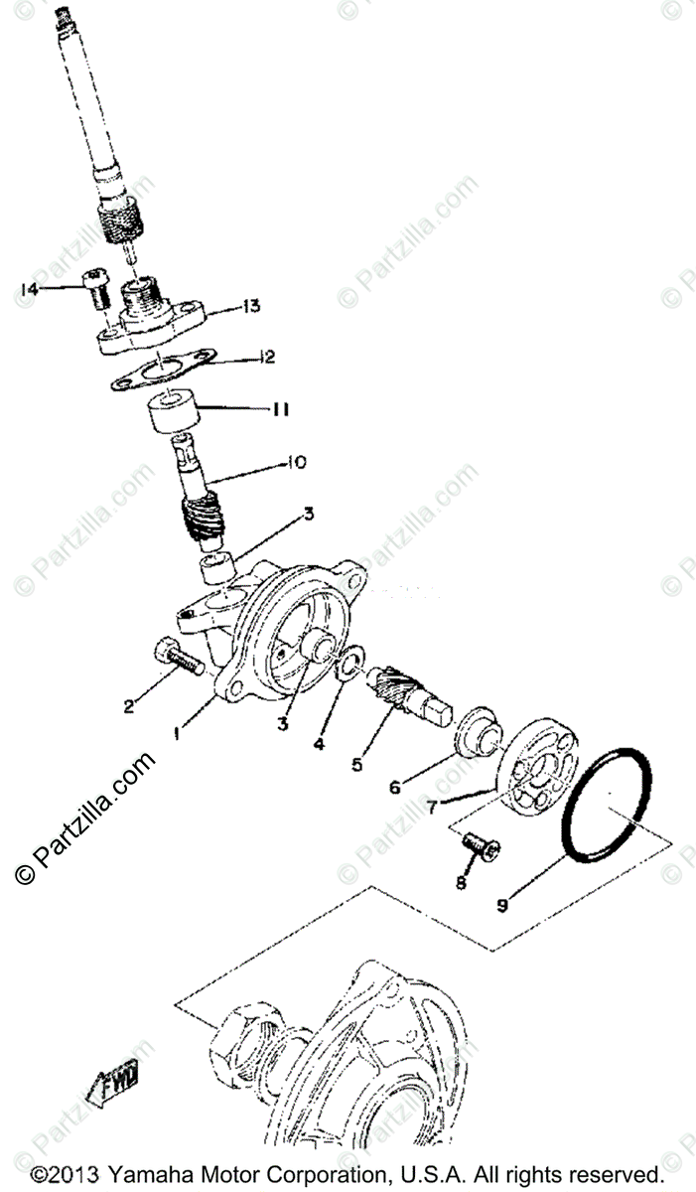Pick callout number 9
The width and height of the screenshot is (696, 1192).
pos(501,905)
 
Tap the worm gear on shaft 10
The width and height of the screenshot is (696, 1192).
pos(204,521)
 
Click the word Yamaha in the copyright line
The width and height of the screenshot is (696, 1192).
pos(144,1176)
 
